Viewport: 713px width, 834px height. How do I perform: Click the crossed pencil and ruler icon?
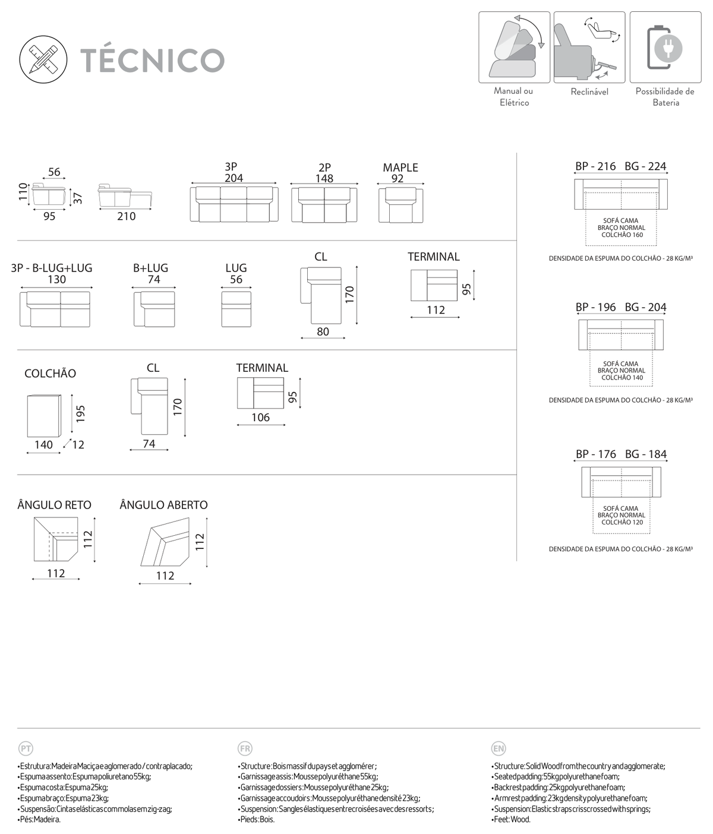(43, 60)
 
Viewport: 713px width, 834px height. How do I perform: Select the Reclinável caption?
(589, 91)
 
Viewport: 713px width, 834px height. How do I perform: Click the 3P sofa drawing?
(234, 204)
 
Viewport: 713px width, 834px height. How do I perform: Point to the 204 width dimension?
(234, 178)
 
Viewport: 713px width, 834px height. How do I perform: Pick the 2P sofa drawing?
(324, 204)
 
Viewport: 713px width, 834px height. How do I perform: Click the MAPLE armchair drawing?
(400, 205)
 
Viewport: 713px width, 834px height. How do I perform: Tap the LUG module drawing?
(236, 309)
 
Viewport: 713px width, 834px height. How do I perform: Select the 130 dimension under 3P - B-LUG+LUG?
(56, 279)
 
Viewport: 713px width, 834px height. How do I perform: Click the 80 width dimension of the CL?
(323, 331)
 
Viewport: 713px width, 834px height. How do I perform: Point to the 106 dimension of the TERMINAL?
(261, 417)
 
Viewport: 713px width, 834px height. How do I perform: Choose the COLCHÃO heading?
(50, 373)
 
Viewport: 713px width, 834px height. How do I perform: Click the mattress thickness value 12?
(78, 445)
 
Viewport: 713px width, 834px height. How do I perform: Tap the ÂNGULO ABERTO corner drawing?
(165, 542)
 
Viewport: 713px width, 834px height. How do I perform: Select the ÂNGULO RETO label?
(55, 505)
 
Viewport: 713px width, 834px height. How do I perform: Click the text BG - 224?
(646, 166)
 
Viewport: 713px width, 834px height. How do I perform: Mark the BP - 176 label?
(596, 454)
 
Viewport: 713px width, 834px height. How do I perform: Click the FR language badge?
(245, 748)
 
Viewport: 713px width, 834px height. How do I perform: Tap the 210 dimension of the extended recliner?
(127, 216)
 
